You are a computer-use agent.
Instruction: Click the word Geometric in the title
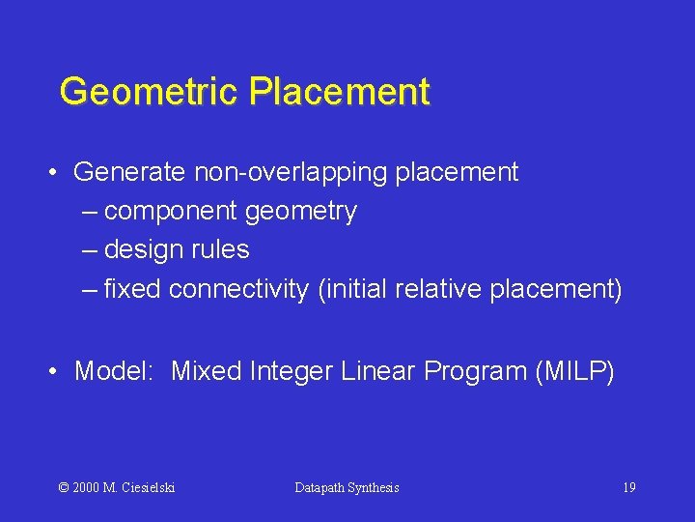click(x=150, y=92)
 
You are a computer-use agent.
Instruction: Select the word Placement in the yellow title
click(x=339, y=92)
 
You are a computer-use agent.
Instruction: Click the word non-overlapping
click(x=290, y=173)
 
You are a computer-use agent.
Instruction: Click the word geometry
click(x=301, y=212)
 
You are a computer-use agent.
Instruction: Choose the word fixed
click(x=134, y=289)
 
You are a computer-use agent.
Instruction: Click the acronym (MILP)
click(x=573, y=371)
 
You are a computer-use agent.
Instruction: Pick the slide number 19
click(x=628, y=487)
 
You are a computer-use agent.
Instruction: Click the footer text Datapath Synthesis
click(x=347, y=487)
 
